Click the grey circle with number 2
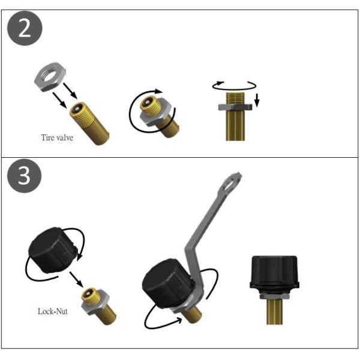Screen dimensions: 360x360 [25, 28]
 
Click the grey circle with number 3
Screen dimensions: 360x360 [25, 176]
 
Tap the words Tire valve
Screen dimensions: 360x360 [57, 137]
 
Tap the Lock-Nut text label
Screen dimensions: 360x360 [53, 311]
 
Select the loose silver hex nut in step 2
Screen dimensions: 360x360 [50, 77]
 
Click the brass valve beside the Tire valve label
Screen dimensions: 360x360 [89, 123]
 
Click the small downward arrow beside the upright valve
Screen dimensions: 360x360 [257, 100]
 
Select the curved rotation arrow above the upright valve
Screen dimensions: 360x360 [234, 88]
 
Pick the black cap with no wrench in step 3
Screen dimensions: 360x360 [53, 250]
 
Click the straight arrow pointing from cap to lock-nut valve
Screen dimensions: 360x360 [76, 279]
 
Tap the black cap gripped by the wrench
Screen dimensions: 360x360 [167, 283]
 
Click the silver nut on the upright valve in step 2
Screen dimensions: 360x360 [235, 107]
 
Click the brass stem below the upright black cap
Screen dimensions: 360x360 [274, 312]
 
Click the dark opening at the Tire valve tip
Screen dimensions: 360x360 [76, 108]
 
